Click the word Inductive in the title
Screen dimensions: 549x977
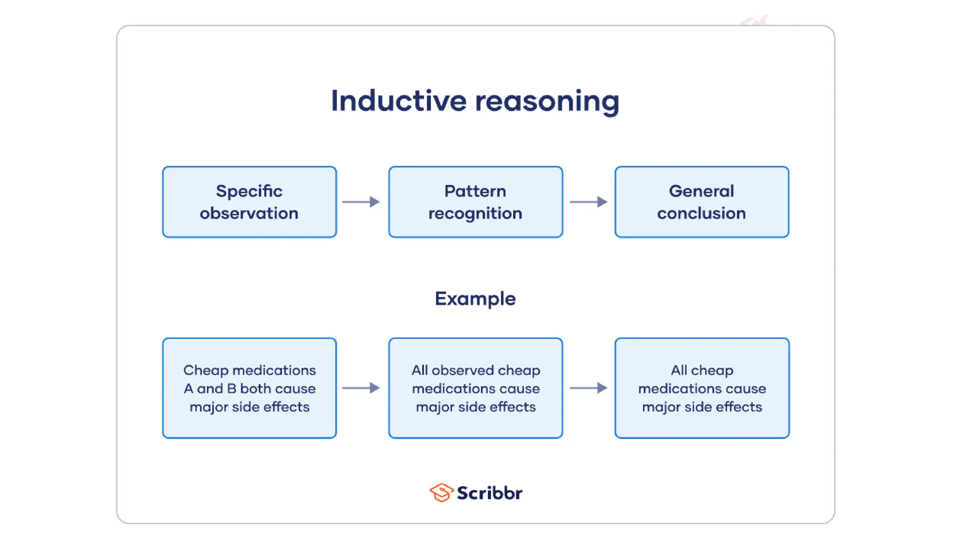click(398, 101)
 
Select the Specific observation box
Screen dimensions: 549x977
click(249, 202)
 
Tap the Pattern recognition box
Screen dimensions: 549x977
click(475, 202)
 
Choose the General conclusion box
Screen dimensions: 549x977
click(701, 202)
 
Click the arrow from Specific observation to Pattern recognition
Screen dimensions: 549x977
click(361, 202)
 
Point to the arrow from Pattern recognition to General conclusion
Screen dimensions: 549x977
click(588, 202)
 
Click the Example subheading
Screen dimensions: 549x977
click(475, 299)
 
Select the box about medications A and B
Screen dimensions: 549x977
click(249, 388)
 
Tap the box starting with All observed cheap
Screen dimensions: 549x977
click(475, 388)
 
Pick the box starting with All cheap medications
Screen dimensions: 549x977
click(701, 388)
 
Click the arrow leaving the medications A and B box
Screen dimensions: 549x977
click(361, 388)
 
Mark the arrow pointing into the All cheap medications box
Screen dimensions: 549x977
click(588, 388)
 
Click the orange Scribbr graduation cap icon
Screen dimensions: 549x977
click(441, 492)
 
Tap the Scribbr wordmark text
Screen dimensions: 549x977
click(489, 493)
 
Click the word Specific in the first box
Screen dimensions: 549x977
click(249, 191)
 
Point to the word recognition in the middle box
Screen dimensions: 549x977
click(475, 213)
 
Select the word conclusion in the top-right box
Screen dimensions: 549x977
click(701, 213)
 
